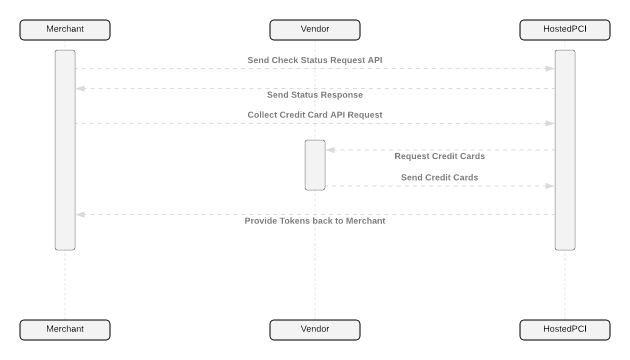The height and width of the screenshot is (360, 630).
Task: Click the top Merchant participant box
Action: [x=65, y=30]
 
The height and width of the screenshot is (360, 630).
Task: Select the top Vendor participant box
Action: [x=315, y=30]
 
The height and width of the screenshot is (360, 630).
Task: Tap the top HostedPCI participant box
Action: [x=565, y=30]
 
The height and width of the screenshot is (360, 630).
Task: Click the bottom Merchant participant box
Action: [x=65, y=330]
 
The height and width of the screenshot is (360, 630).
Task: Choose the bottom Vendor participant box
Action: [x=315, y=330]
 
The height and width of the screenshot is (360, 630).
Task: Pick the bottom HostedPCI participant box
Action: [x=565, y=330]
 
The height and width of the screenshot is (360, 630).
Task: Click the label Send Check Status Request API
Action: [x=315, y=60]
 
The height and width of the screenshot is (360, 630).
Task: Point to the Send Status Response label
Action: [x=315, y=95]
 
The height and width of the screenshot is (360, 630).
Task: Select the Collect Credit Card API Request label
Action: [x=315, y=115]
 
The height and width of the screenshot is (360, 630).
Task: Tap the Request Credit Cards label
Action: [x=439, y=156]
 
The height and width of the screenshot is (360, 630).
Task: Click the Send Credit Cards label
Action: [x=439, y=177]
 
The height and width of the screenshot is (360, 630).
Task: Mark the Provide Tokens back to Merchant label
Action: [x=315, y=221]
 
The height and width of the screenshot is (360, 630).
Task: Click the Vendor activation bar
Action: [x=315, y=165]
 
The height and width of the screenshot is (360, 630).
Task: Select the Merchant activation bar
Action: [x=65, y=150]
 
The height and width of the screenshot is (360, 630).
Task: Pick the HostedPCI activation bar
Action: [x=565, y=150]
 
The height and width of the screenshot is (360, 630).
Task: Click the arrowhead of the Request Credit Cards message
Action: [x=330, y=150]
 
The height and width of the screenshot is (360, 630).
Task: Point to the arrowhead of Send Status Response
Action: [x=80, y=88]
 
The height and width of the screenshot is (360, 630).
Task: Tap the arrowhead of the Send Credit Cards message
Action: [x=550, y=186]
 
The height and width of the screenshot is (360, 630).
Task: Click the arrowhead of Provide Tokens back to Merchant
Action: [x=80, y=214]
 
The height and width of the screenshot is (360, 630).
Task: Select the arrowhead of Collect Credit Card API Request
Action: [x=550, y=123]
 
